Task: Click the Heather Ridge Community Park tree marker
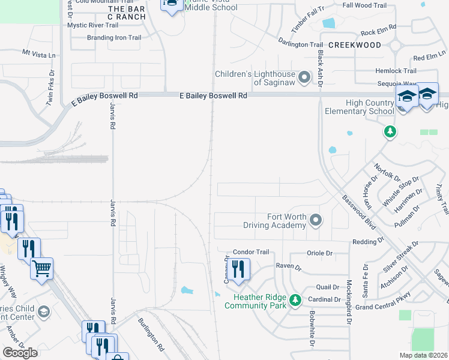click(x=295, y=299)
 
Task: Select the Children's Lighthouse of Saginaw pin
click(x=304, y=77)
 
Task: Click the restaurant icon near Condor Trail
click(x=239, y=269)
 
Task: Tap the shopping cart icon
click(x=41, y=269)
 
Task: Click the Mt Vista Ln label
click(x=39, y=54)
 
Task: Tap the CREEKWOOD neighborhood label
click(x=355, y=45)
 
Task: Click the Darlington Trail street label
click(x=300, y=44)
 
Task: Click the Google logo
click(x=20, y=353)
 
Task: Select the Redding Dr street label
click(x=369, y=241)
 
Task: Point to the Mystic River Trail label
click(x=93, y=25)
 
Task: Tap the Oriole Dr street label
click(x=319, y=253)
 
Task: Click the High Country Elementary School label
click(x=359, y=107)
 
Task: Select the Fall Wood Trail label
click(x=364, y=5)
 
